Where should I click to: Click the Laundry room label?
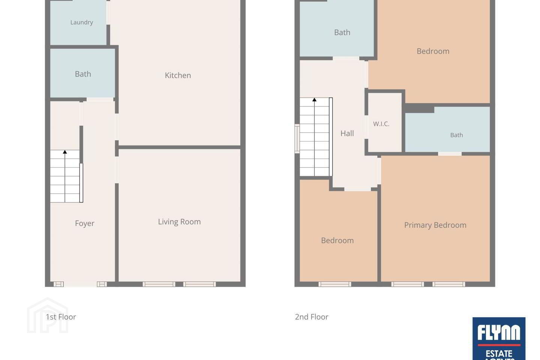81,22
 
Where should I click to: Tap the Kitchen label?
178,75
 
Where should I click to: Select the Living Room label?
179,222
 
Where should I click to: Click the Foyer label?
85,223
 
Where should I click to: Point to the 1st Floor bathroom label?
83,74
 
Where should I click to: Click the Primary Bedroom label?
435,225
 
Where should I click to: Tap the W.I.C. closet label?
381,124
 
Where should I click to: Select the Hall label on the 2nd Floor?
347,133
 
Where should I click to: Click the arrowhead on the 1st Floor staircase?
65,152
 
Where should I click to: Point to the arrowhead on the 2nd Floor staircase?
314,100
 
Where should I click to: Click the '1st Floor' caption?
61,317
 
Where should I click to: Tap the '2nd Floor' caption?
312,317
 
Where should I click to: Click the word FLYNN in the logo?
499,333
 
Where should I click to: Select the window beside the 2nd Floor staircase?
297,139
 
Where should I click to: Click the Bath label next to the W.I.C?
457,135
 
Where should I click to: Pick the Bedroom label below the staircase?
337,240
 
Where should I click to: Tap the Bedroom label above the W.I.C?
433,51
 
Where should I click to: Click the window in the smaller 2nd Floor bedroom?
335,284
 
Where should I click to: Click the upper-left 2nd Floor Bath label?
342,32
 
